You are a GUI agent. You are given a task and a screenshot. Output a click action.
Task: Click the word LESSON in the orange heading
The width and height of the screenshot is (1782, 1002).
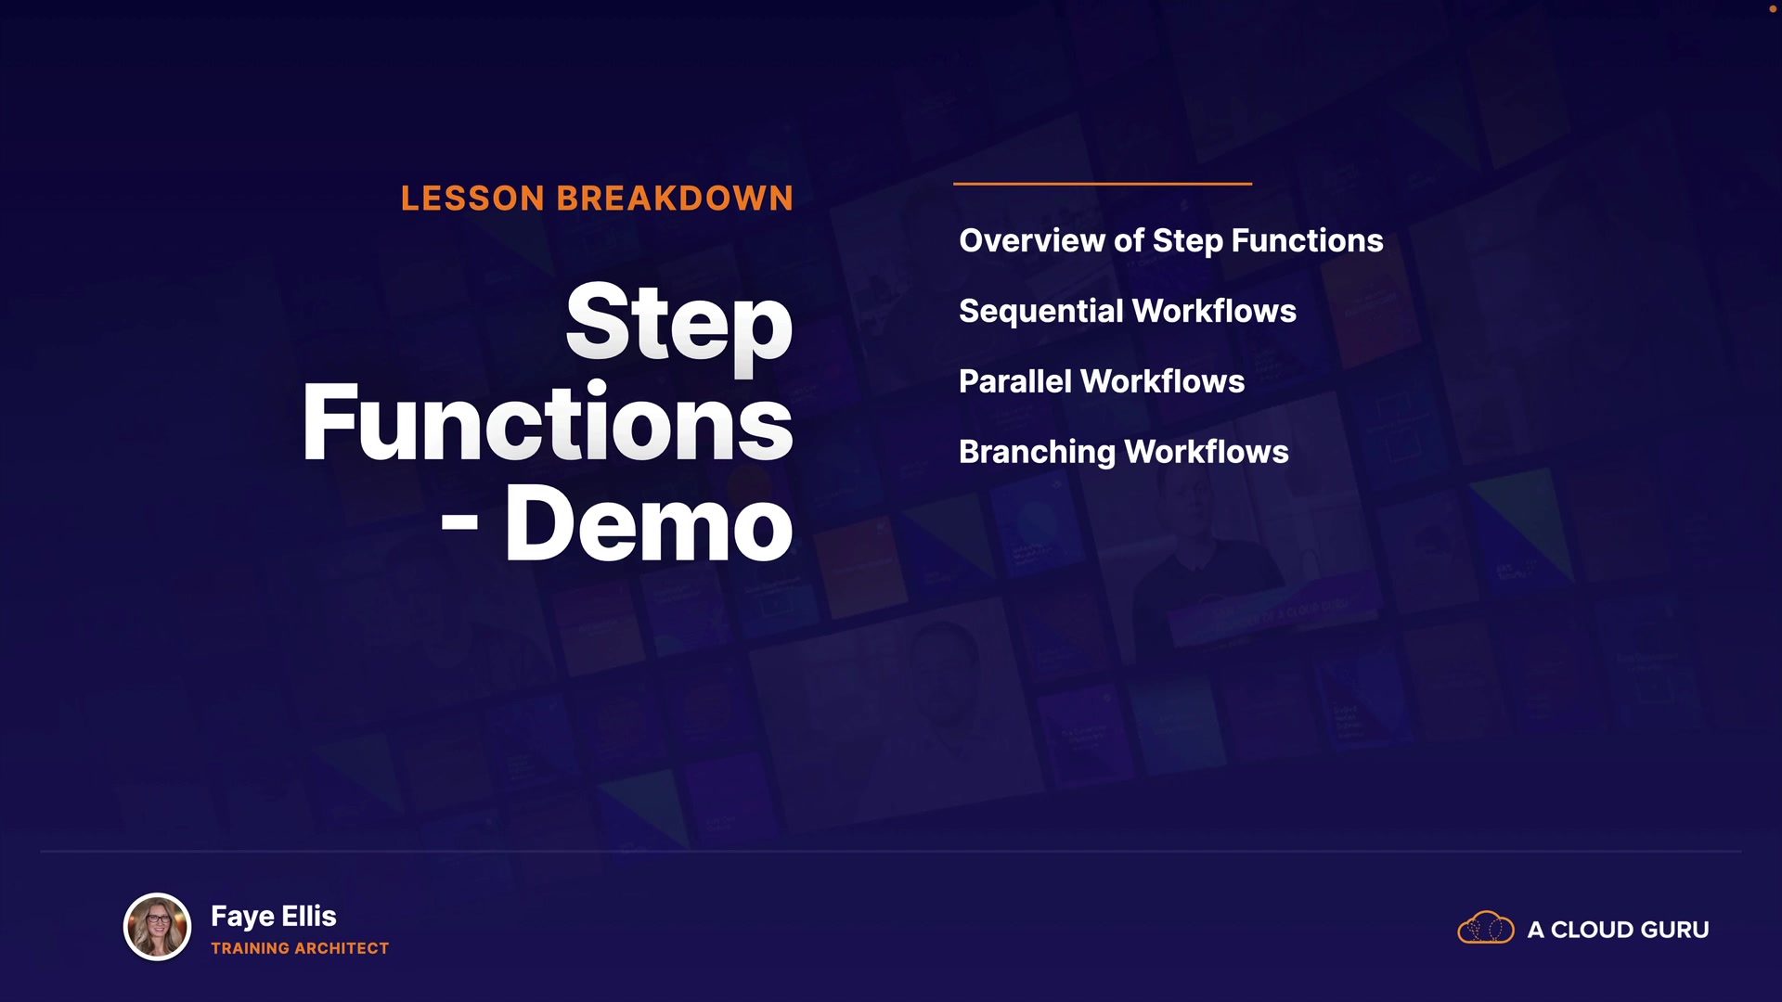pos(472,199)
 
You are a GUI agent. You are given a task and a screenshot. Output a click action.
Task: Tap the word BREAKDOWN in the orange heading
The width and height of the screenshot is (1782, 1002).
pos(675,199)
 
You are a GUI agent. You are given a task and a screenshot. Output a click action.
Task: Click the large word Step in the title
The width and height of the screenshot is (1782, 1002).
pos(679,324)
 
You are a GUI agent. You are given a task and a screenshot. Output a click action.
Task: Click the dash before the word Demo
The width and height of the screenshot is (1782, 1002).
pos(459,523)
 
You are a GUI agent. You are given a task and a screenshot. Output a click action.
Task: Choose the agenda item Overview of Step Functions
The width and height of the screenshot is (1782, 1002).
pos(1171,241)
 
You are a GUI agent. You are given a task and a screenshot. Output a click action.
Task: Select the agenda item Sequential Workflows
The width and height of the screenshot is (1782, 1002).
pos(1128,312)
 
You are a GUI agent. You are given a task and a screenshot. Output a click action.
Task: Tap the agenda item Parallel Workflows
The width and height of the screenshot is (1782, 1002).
pos(1102,381)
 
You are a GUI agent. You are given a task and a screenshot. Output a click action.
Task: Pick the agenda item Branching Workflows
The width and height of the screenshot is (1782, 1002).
pos(1124,452)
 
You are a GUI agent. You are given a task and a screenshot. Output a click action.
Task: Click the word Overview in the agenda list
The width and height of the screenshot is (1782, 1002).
pos(1032,240)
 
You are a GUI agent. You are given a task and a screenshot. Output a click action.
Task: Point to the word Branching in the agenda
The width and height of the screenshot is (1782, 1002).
pos(1037,453)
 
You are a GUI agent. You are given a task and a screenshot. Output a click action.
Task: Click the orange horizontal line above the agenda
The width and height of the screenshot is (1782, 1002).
pos(1103,184)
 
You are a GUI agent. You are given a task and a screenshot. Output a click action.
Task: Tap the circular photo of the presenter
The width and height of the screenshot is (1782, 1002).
pos(158,927)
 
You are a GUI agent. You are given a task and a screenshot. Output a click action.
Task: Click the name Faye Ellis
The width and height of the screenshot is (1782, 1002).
pos(274,917)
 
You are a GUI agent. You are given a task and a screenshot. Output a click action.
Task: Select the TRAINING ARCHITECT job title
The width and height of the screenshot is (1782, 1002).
pos(300,948)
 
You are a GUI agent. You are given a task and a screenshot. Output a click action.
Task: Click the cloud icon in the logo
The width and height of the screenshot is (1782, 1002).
pos(1486,928)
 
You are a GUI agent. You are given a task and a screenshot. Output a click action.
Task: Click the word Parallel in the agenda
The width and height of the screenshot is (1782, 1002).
pos(1015,381)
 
